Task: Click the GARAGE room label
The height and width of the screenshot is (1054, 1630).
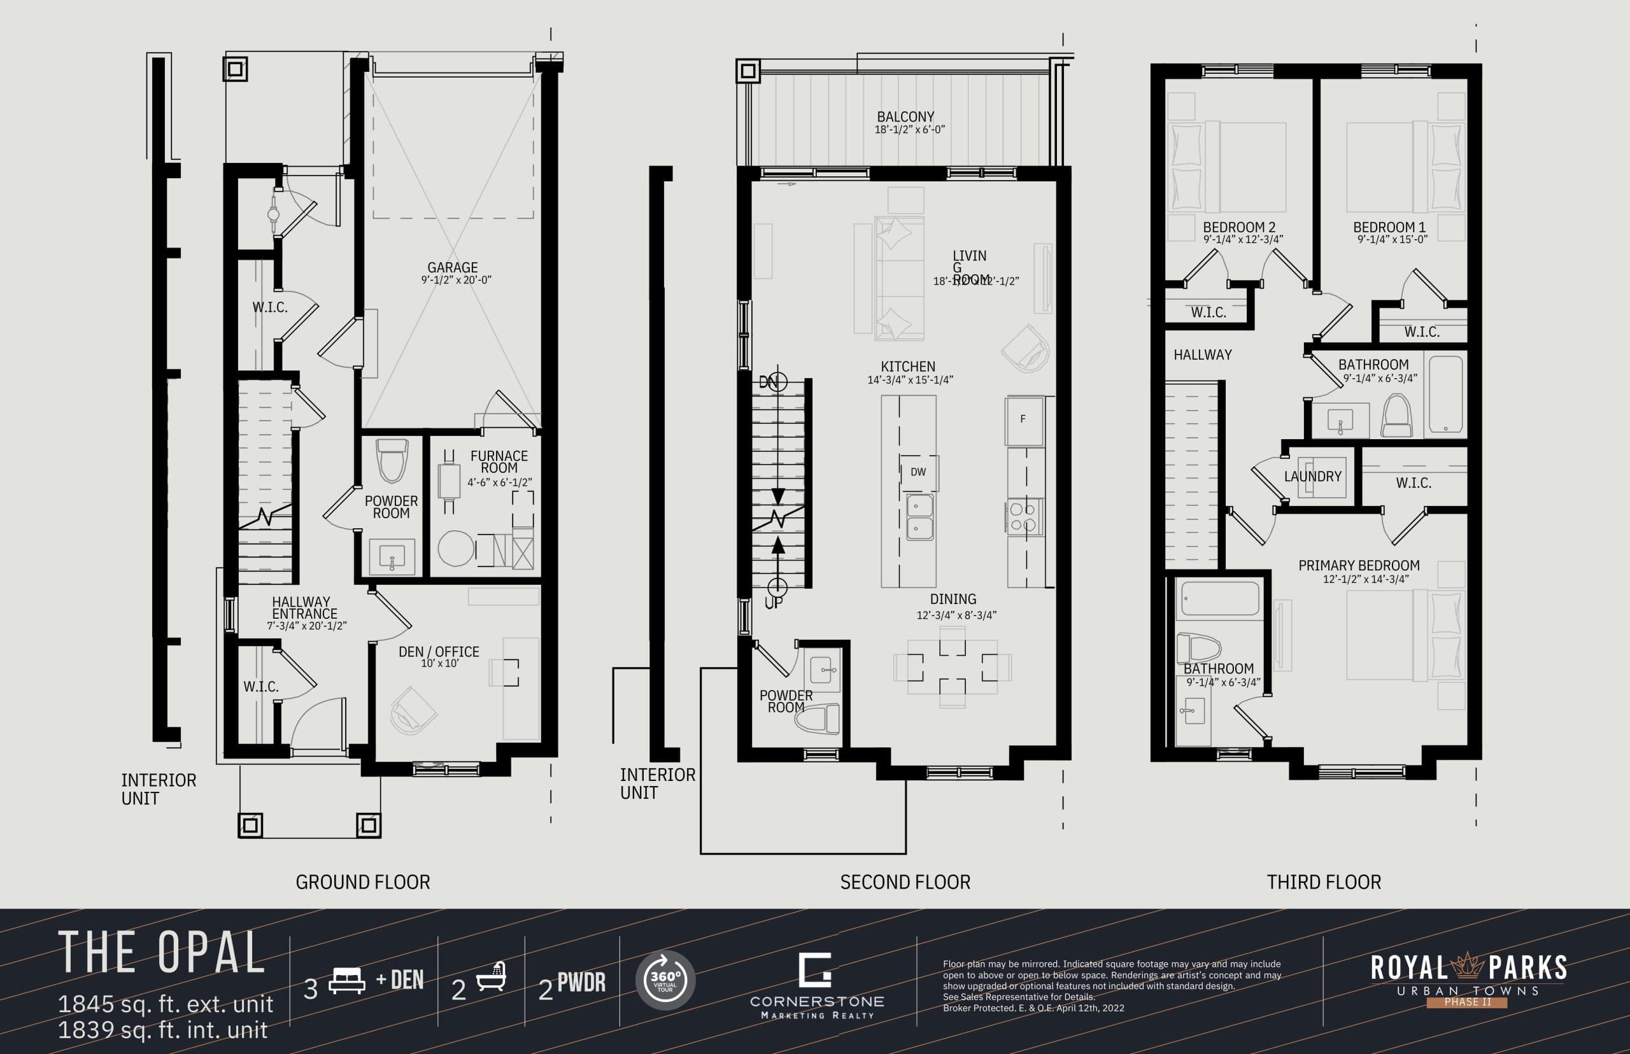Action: tap(453, 267)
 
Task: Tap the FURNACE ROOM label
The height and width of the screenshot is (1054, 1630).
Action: tap(499, 462)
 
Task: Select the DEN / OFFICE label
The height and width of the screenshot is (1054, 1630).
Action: tap(439, 652)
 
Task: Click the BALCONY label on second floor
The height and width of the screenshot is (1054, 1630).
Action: tap(905, 117)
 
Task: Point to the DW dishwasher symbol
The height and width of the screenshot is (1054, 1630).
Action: tap(918, 472)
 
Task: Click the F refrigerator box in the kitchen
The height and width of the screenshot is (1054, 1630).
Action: tap(1023, 419)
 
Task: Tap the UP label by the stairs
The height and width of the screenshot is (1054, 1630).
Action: tap(774, 603)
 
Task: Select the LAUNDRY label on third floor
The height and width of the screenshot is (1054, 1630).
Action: tap(1312, 476)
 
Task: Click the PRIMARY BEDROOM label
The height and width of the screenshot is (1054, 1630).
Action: tap(1359, 566)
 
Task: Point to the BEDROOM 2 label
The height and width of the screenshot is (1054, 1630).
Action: tap(1239, 227)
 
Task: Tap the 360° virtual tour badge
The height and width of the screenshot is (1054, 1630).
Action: tap(665, 980)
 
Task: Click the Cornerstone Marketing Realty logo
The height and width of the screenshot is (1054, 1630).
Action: tap(816, 985)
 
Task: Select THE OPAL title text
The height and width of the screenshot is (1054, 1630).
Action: tap(162, 953)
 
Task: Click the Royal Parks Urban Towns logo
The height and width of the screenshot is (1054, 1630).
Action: tap(1468, 980)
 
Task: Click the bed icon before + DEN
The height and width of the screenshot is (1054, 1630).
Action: tap(347, 980)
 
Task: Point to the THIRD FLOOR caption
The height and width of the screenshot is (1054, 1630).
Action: tap(1323, 882)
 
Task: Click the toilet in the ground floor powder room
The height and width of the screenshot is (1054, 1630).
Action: tap(392, 460)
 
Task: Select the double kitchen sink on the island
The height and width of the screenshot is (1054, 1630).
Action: tap(919, 517)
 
